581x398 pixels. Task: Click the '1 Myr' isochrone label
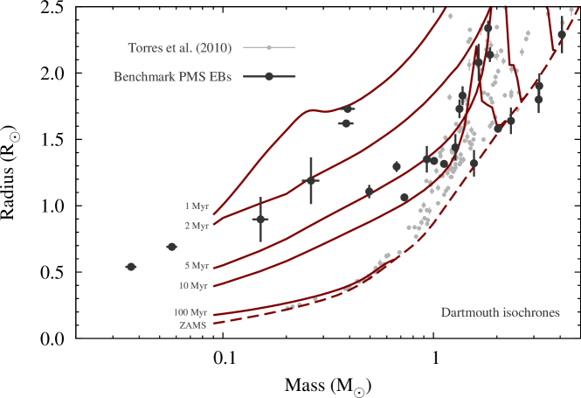tap(197, 206)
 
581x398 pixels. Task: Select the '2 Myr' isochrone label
tap(197, 226)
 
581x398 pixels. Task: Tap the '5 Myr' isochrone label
tap(197, 266)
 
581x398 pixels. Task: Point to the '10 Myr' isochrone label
tap(195, 286)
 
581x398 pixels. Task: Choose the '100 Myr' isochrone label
tap(193, 312)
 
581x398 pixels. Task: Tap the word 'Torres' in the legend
tap(146, 47)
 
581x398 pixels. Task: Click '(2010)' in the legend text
tap(213, 47)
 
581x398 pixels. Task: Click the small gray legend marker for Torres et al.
tap(269, 47)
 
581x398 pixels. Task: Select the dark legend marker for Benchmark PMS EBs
tap(269, 77)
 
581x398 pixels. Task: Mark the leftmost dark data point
tap(131, 267)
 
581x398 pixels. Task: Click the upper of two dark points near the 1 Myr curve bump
tap(347, 108)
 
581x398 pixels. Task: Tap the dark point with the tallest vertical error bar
tap(310, 180)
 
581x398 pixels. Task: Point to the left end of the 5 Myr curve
tap(214, 268)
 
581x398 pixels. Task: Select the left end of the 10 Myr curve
tap(214, 286)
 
